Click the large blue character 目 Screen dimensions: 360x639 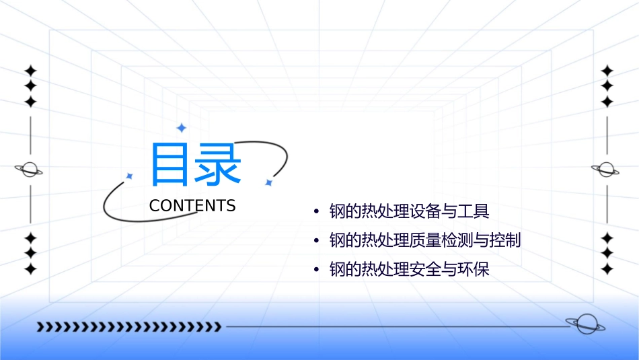coord(170,164)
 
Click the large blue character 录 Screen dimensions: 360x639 coord(217,164)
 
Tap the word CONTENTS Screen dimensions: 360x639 coord(192,206)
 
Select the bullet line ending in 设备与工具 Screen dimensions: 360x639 coord(409,211)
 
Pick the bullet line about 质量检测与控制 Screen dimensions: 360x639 coord(425,240)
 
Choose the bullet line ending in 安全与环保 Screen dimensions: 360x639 coord(409,270)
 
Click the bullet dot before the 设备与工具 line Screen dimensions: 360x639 coord(316,212)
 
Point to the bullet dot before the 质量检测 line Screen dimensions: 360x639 coord(316,241)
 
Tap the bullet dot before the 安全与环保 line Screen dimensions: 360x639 coord(316,271)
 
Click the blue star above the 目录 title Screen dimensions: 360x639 coord(181,128)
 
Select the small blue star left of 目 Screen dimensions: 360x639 coord(129,176)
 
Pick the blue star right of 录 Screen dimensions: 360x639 coord(268,182)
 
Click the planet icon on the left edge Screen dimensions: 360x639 coord(29,170)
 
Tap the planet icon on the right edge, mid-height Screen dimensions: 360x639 coord(606,170)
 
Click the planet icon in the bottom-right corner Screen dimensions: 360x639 coord(585,324)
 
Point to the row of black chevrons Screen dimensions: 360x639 coord(128,327)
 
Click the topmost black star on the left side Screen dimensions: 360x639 coord(30,71)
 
